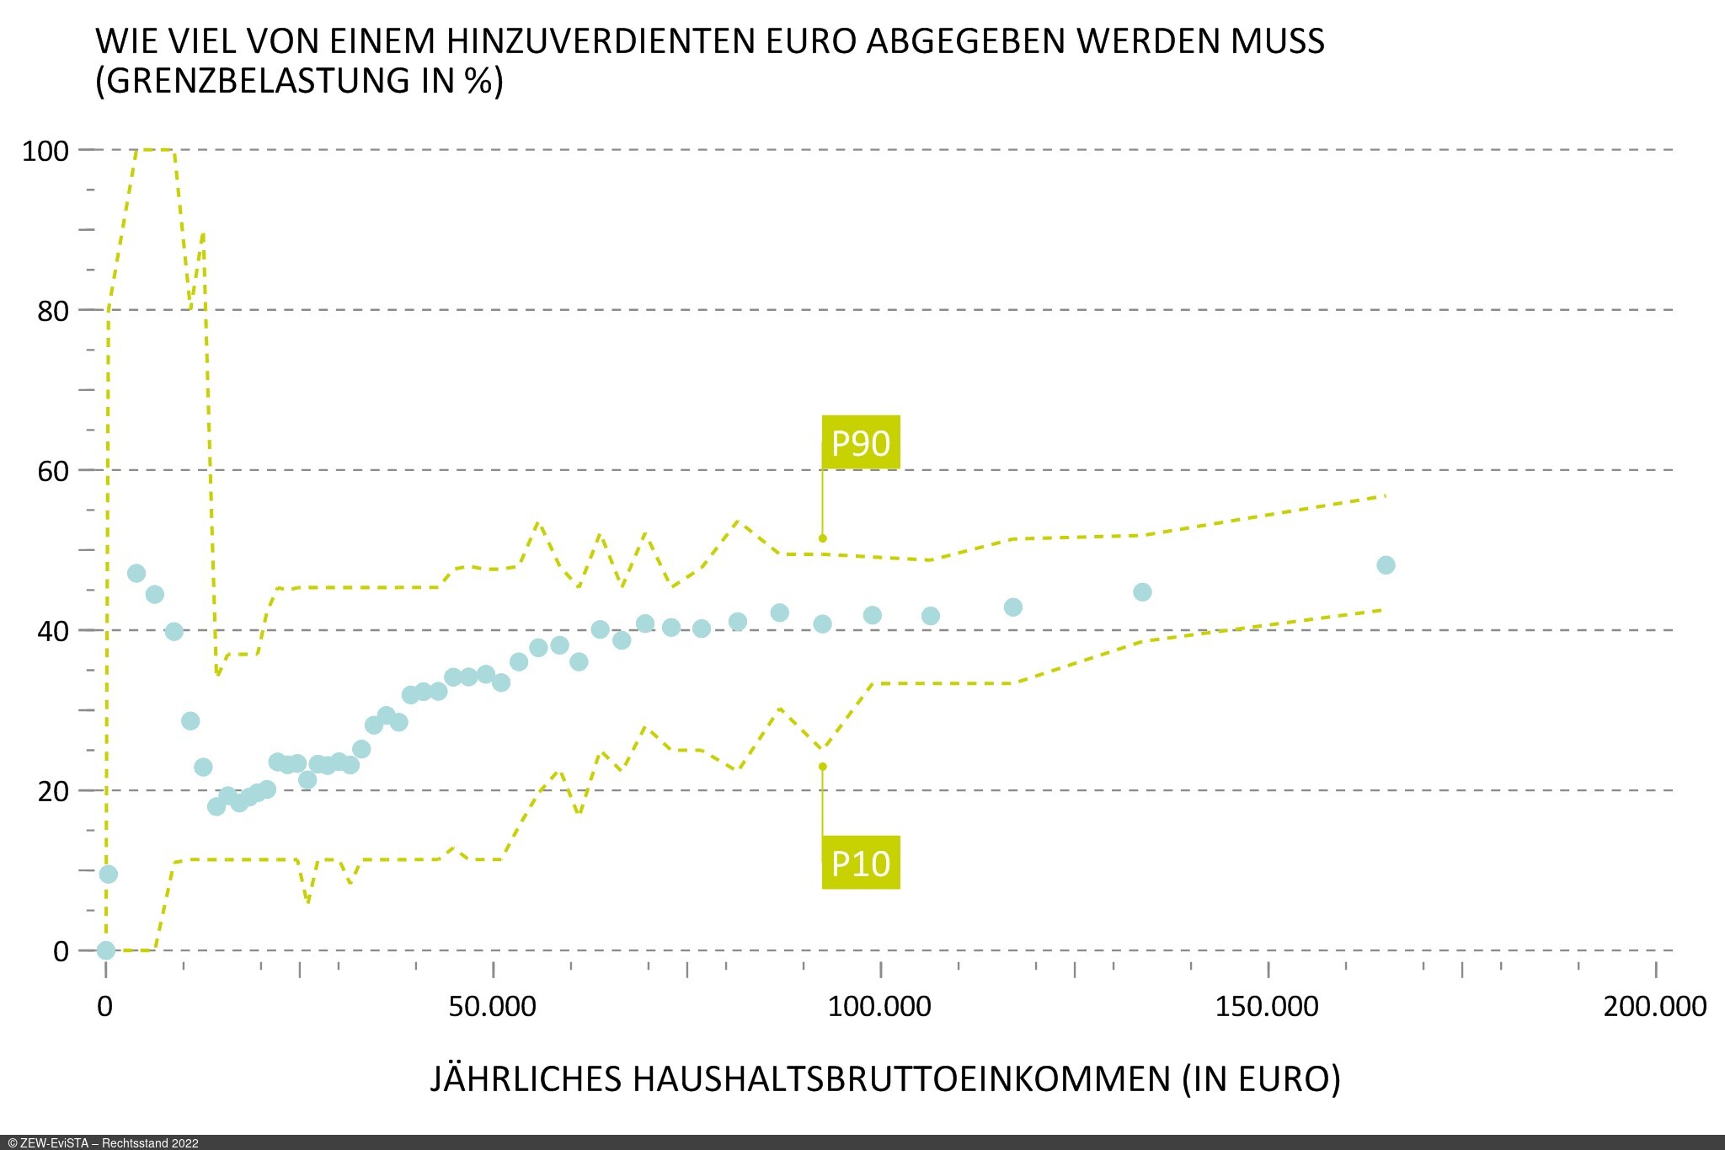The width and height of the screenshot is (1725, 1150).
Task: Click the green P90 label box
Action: pos(860,442)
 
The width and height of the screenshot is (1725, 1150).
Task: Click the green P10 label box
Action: pos(860,863)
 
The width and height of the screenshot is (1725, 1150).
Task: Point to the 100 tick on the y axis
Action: pos(45,152)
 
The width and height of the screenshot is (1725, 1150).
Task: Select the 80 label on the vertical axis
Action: pos(52,312)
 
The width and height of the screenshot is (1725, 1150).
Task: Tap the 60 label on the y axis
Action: pos(52,472)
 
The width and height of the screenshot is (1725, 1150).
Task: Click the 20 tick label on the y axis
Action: pos(52,792)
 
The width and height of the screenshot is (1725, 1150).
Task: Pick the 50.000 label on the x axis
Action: pos(492,1007)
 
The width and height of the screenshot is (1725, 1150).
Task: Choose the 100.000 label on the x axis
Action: pos(879,1007)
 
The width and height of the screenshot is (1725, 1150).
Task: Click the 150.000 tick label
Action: pos(1267,1007)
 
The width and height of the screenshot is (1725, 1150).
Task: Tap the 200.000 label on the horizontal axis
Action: pos(1654,1007)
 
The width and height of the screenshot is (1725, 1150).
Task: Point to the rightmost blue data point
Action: pos(1386,565)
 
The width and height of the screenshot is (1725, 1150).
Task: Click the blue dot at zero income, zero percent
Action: pos(106,950)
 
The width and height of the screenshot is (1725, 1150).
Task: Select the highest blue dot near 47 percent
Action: pos(136,574)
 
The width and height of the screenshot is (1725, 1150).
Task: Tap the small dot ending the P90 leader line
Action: pos(823,538)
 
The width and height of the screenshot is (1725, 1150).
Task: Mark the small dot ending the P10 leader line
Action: pos(823,767)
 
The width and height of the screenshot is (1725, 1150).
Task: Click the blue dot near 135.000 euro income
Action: pos(1142,592)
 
